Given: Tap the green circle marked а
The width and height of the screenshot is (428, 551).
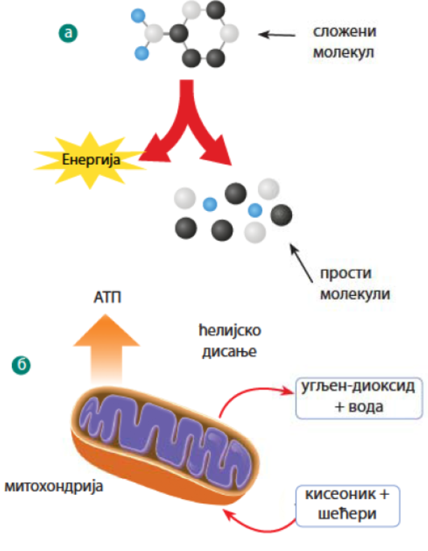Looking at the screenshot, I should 67,32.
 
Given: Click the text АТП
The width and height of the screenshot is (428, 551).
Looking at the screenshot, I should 107,299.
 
